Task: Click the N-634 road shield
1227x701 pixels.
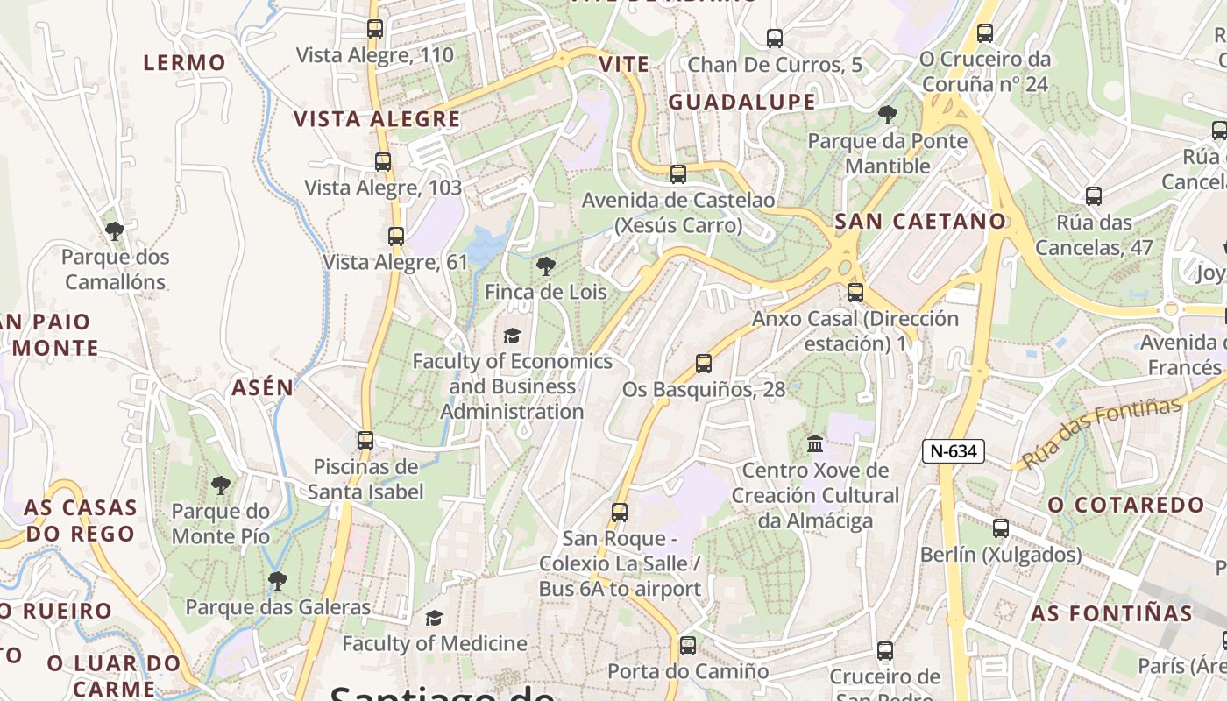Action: click(x=954, y=451)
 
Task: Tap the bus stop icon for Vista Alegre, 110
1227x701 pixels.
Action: click(x=375, y=29)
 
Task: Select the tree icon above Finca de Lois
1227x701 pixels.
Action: click(x=546, y=266)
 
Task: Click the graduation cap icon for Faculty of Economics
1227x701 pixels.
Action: click(x=512, y=336)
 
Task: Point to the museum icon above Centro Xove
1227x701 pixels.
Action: click(x=815, y=444)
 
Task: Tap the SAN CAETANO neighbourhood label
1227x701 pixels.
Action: click(x=920, y=222)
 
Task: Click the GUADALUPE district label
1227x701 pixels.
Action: click(x=742, y=103)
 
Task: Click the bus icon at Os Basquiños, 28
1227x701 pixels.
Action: click(x=703, y=364)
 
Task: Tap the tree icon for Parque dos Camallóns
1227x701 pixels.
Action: click(x=114, y=231)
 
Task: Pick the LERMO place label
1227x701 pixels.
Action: click(x=185, y=63)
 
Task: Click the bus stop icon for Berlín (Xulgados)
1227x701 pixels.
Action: click(x=1001, y=528)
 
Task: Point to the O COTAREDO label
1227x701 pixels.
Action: click(x=1127, y=506)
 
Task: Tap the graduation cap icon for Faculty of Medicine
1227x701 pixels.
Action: click(x=434, y=619)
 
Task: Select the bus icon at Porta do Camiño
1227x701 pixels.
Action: click(x=688, y=646)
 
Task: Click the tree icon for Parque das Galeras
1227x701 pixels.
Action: click(x=278, y=580)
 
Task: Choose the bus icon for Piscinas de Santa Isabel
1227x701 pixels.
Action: click(x=365, y=441)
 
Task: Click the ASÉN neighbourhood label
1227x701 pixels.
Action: click(x=263, y=387)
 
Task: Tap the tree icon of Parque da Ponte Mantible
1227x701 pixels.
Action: click(x=887, y=115)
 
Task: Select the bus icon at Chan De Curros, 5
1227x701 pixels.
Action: click(x=775, y=39)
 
